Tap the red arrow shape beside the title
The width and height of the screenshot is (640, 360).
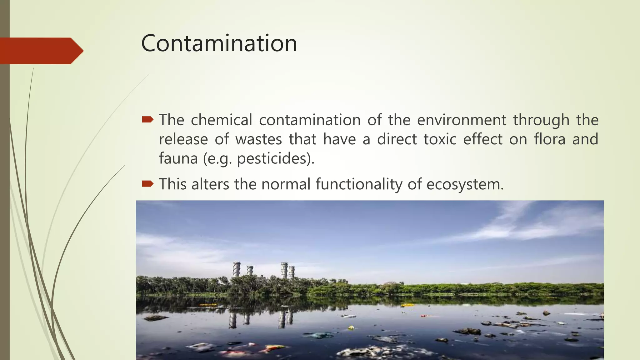pyautogui.click(x=41, y=51)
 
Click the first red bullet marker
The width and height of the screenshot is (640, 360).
pyautogui.click(x=147, y=119)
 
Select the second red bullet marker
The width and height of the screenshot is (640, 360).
pyautogui.click(x=147, y=183)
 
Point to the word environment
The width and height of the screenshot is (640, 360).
pyautogui.click(x=461, y=120)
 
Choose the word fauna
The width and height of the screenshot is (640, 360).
pyautogui.click(x=178, y=158)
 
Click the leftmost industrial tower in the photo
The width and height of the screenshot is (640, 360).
pyautogui.click(x=237, y=269)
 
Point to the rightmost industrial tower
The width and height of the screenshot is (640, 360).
pyautogui.click(x=291, y=272)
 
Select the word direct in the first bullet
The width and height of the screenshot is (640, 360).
pyautogui.click(x=397, y=139)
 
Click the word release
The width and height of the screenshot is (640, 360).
pyautogui.click(x=183, y=139)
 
